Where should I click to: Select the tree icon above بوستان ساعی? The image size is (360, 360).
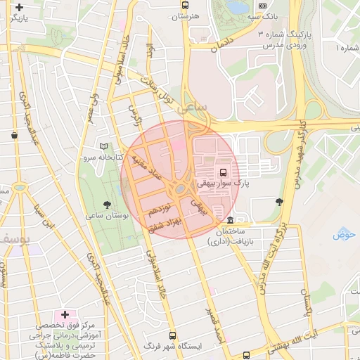pyautogui.click(x=106, y=205)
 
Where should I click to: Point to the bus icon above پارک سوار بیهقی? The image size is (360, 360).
pyautogui.click(x=224, y=172)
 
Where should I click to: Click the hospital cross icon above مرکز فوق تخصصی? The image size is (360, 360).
pyautogui.click(x=65, y=314)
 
